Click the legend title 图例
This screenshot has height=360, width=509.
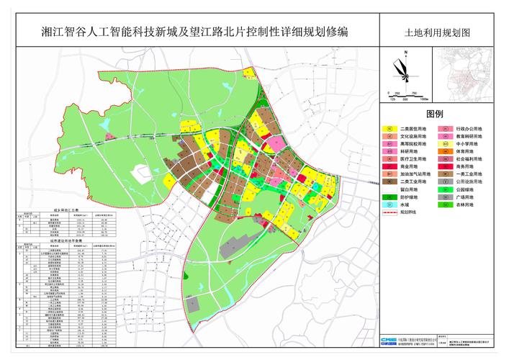(435, 115)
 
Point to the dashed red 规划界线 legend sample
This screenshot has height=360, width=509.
(389, 212)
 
